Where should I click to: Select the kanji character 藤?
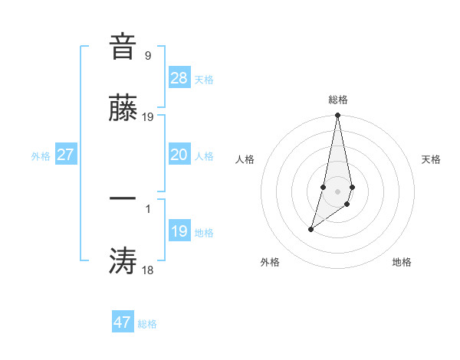[123, 110]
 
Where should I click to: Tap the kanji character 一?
[123, 198]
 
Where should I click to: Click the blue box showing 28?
[179, 78]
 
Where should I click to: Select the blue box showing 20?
[179, 155]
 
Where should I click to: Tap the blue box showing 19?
[179, 231]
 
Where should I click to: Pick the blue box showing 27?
[66, 155]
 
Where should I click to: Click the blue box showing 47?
[123, 322]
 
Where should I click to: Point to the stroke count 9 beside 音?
[148, 55]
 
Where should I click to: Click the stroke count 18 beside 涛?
[148, 270]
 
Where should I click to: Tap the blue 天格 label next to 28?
[204, 80]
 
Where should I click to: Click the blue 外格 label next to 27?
[41, 156]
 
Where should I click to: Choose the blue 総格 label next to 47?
[147, 324]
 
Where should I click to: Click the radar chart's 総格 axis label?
[338, 100]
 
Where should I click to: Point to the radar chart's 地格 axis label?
[402, 262]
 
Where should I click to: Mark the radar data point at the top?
[337, 116]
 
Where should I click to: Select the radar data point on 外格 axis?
[310, 229]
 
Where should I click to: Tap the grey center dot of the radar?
[337, 191]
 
